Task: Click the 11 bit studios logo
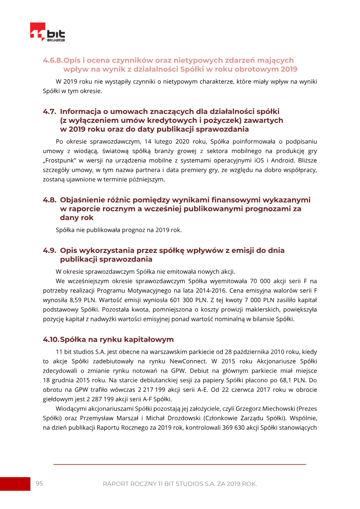[x=47, y=32]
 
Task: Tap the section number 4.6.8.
[x=53, y=60]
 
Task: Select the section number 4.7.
[x=49, y=111]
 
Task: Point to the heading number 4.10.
[x=51, y=339]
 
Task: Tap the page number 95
[x=39, y=483]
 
